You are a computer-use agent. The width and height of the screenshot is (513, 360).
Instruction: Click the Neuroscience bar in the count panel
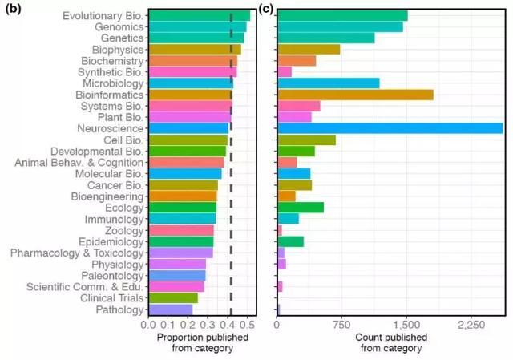[390, 128]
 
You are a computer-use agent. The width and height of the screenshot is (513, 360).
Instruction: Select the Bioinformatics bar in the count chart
[355, 95]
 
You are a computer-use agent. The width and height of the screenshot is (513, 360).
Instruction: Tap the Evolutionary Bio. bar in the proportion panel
[200, 15]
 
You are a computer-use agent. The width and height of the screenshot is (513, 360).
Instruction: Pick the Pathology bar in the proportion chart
[171, 309]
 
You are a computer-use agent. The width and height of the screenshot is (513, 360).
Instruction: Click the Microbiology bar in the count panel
[328, 83]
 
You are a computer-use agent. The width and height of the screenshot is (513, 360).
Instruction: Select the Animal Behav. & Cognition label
[79, 162]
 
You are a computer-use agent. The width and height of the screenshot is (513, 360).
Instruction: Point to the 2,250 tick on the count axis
[471, 326]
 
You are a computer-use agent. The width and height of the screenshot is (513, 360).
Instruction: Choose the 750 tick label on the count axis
[342, 326]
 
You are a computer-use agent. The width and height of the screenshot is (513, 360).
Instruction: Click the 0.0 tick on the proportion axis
[148, 326]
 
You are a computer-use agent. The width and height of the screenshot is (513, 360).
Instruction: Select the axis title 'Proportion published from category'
[200, 342]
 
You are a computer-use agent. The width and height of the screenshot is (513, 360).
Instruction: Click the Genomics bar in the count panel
[340, 26]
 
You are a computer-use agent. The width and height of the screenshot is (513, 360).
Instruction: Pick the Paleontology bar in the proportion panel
[177, 275]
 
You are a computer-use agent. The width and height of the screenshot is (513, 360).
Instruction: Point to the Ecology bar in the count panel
[301, 208]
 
